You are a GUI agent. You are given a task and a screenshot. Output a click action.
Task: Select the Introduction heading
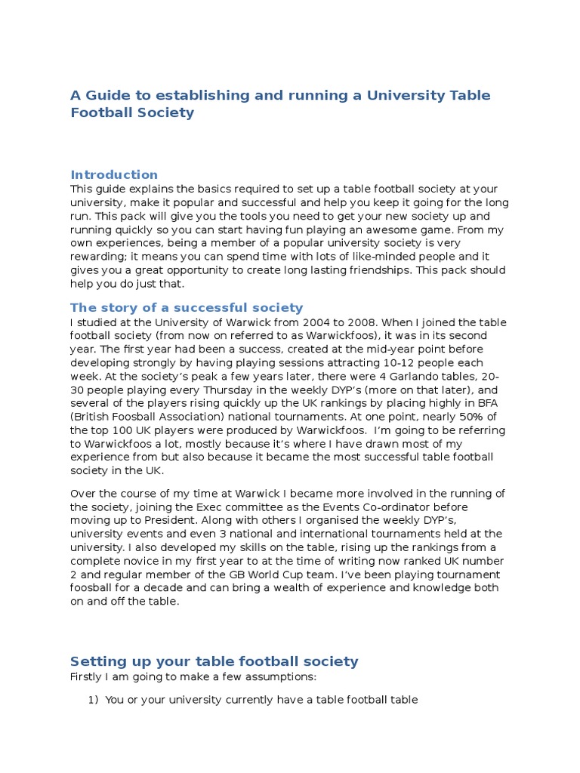click(x=114, y=174)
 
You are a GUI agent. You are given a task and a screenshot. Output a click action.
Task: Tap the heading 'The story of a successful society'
click(x=187, y=307)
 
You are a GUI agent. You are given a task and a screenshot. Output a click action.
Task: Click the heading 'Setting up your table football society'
click(x=214, y=661)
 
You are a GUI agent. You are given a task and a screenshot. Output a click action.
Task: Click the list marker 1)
click(x=94, y=700)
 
